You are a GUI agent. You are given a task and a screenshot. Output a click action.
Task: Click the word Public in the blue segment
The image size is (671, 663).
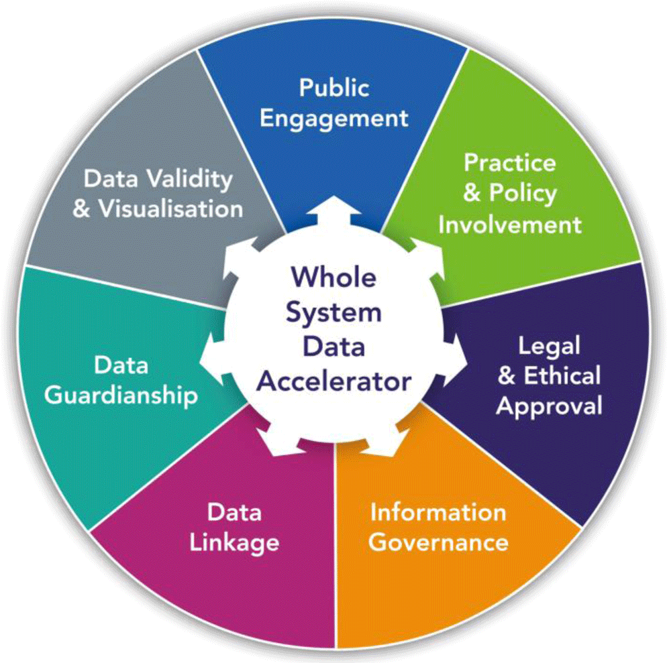point(333,88)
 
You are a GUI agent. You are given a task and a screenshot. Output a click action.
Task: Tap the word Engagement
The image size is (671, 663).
point(333,119)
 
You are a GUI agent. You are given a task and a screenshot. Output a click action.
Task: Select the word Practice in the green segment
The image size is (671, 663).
point(510,162)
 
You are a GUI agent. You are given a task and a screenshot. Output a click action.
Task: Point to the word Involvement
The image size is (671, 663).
point(510,225)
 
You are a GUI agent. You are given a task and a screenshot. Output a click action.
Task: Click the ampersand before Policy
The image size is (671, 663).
point(472,192)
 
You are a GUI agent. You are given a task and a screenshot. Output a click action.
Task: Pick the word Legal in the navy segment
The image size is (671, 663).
point(549,346)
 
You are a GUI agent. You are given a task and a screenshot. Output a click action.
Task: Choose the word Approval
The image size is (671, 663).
point(549,406)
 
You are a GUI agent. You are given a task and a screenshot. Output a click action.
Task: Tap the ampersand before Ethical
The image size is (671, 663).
point(507,375)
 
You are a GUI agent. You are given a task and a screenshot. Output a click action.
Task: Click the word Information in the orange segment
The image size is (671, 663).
point(438,512)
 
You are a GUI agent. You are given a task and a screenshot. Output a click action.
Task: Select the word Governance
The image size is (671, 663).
point(438,542)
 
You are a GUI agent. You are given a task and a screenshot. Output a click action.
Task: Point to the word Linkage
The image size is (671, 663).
point(234,543)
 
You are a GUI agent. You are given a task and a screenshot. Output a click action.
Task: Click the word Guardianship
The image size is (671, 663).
point(121,396)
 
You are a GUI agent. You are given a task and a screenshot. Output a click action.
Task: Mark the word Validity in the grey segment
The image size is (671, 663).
point(190,179)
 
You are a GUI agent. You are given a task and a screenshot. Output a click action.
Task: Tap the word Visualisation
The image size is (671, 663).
point(171,209)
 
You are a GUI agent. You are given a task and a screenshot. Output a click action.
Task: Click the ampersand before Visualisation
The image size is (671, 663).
point(81,209)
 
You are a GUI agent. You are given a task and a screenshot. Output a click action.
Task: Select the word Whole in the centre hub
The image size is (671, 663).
point(333,277)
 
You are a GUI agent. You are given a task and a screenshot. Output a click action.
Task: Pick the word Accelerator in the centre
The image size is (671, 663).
point(333,381)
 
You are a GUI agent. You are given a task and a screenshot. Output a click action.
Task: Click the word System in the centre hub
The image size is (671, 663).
point(333,313)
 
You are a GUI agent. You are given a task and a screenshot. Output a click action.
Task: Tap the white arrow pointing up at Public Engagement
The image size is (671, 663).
point(333,212)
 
